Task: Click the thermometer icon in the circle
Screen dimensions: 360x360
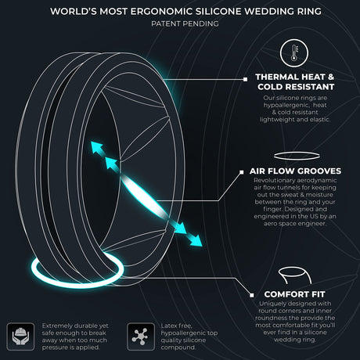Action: click(x=294, y=53)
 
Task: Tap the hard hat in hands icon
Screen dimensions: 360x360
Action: click(x=20, y=337)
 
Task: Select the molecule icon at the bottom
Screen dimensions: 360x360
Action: click(x=141, y=337)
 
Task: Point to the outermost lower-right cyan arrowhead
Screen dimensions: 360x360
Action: click(x=196, y=241)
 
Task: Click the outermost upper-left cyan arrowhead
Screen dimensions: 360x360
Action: click(x=96, y=147)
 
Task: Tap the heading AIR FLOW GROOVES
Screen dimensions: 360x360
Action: click(x=295, y=171)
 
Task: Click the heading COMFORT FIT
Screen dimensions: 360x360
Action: click(x=294, y=294)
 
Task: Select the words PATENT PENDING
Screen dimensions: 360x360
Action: click(x=185, y=23)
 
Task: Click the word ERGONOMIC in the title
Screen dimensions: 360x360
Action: click(x=161, y=11)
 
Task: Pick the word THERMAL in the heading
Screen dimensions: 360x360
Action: click(x=277, y=77)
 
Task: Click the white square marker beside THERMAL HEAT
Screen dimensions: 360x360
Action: click(x=245, y=79)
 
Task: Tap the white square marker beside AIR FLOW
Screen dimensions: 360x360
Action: click(x=242, y=172)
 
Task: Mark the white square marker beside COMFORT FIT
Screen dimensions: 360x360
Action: click(x=251, y=295)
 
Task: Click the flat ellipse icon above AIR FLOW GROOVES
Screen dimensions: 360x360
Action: click(x=297, y=156)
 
